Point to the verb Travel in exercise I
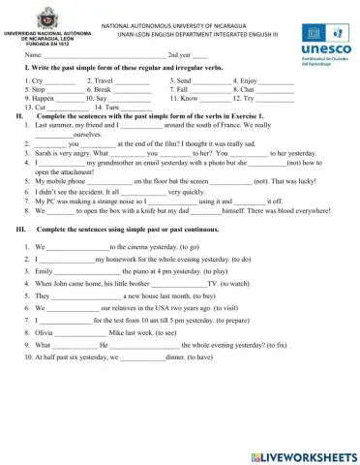(x=106, y=80)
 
